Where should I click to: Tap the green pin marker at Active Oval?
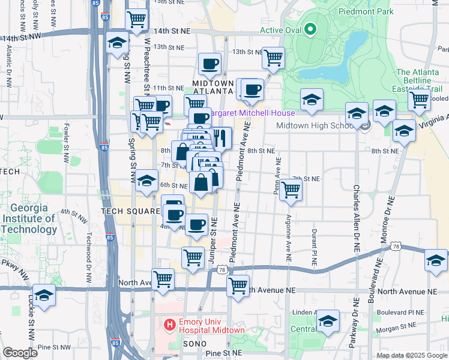(x=310, y=28)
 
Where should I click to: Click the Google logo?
(x=20, y=352)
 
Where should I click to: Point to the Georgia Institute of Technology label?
(x=29, y=219)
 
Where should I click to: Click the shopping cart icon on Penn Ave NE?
(x=291, y=191)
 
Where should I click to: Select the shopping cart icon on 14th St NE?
(x=137, y=20)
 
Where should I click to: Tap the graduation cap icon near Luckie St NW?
(x=44, y=296)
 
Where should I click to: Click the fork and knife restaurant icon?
(x=220, y=138)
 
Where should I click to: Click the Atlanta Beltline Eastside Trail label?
(x=418, y=80)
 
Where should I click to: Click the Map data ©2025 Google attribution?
(x=412, y=355)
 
